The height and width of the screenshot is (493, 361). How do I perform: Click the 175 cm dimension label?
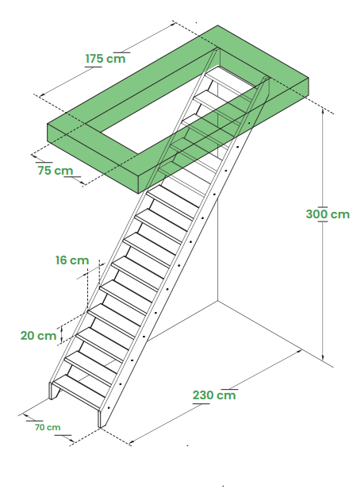[106, 59]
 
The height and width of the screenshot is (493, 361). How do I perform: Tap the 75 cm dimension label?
[56, 171]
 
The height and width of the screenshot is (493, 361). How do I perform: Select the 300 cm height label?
[328, 214]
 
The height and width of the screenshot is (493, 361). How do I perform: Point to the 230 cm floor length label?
[214, 395]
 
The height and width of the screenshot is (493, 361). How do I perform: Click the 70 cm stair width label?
[48, 427]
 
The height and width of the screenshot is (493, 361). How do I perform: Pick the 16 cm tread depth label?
[72, 260]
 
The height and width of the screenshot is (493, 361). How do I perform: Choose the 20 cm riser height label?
[38, 336]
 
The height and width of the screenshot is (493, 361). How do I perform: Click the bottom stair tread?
[80, 387]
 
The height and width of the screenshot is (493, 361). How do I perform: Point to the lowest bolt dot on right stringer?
[109, 408]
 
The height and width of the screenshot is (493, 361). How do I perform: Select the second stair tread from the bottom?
[92, 363]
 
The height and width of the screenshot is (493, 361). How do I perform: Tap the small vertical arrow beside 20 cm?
[62, 334]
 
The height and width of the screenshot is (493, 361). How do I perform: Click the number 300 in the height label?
[317, 214]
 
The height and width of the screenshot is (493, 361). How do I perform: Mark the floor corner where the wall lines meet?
[217, 301]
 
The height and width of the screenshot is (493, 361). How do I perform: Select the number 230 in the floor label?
[203, 395]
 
